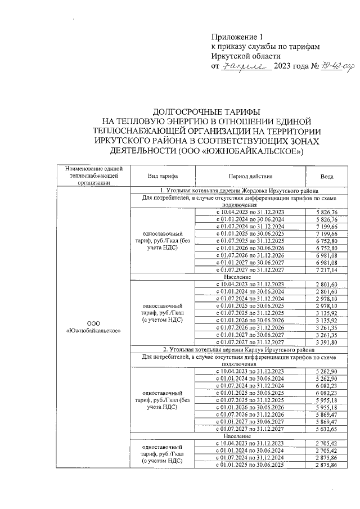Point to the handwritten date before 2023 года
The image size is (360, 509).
pyautogui.click(x=246, y=66)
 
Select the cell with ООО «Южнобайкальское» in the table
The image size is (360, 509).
pyautogui.click(x=94, y=327)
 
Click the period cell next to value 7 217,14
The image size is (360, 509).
pyautogui.click(x=250, y=270)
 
